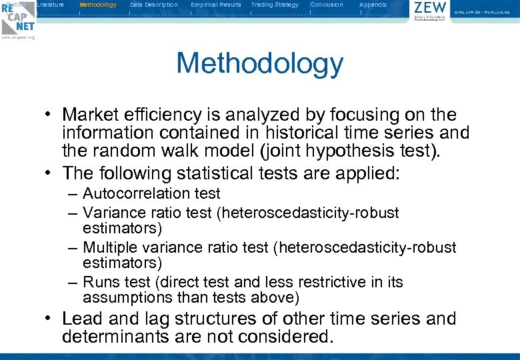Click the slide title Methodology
coord(259,64)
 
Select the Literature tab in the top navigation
coord(51,5)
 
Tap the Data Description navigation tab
coord(154,5)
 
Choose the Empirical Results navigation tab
coord(216,5)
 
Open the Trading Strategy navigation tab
coord(275,5)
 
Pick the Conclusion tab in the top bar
coord(327,5)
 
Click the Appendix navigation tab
coord(373,5)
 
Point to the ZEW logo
coord(430,11)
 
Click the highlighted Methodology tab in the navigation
coord(98,5)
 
